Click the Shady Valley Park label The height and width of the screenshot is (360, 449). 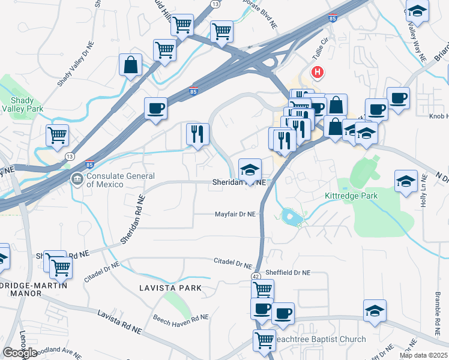(x=22, y=104)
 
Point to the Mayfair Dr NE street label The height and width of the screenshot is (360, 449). (x=236, y=214)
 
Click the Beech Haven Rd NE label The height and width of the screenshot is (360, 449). (x=181, y=318)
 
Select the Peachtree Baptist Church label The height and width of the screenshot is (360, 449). (x=319, y=340)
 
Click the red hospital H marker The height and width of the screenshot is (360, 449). (x=317, y=73)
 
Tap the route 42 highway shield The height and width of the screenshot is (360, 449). (x=256, y=275)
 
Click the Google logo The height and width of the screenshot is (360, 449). (x=20, y=353)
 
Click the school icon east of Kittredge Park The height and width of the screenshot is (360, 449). (x=406, y=181)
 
